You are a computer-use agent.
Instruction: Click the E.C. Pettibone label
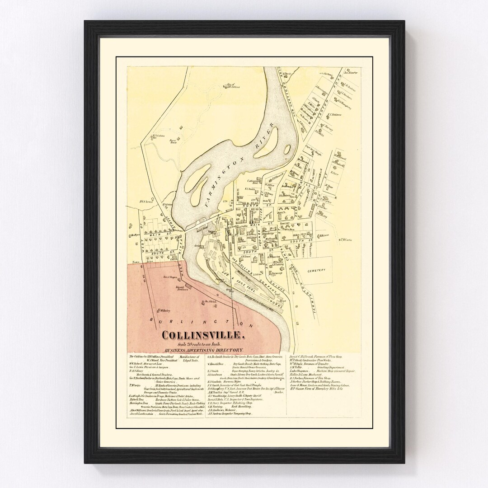pyautogui.click(x=336, y=115)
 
